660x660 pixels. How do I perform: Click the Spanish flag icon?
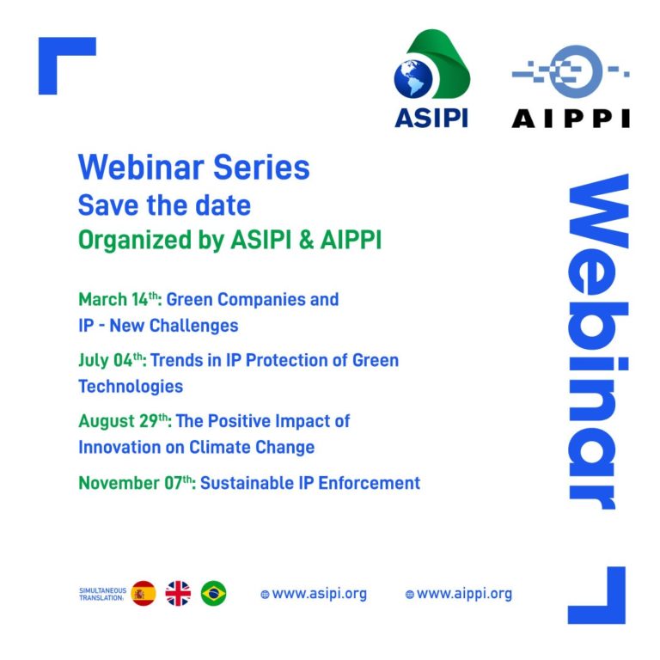144,593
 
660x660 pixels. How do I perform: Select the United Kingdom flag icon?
178,593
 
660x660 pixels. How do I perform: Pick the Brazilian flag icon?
213,593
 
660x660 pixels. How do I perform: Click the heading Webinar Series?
193,168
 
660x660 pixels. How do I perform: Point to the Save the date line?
164,205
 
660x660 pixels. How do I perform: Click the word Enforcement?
370,483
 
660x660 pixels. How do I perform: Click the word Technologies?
131,387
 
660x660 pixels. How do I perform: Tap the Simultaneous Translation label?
102,594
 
